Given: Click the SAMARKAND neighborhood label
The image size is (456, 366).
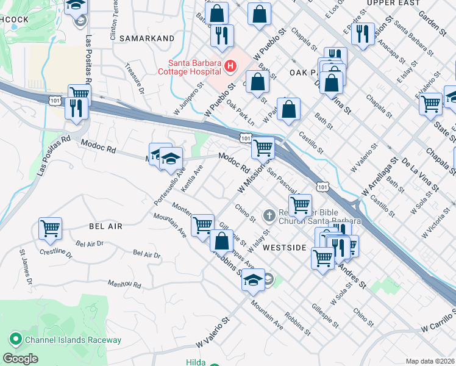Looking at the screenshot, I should click(x=146, y=38).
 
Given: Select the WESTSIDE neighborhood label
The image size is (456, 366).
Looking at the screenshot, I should click(x=283, y=248).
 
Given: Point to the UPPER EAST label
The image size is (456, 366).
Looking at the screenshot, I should click(x=393, y=3).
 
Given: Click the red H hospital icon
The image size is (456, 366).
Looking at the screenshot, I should click(x=230, y=65).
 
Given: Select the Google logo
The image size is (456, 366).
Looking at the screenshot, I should click(x=20, y=359).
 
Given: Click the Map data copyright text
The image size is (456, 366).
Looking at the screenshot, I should click(x=430, y=361).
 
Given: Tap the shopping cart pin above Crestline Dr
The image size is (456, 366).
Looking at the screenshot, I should click(x=50, y=229).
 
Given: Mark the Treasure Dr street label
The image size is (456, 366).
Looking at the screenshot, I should click(x=134, y=79).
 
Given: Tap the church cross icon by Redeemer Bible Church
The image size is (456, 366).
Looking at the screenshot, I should click(x=269, y=215).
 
